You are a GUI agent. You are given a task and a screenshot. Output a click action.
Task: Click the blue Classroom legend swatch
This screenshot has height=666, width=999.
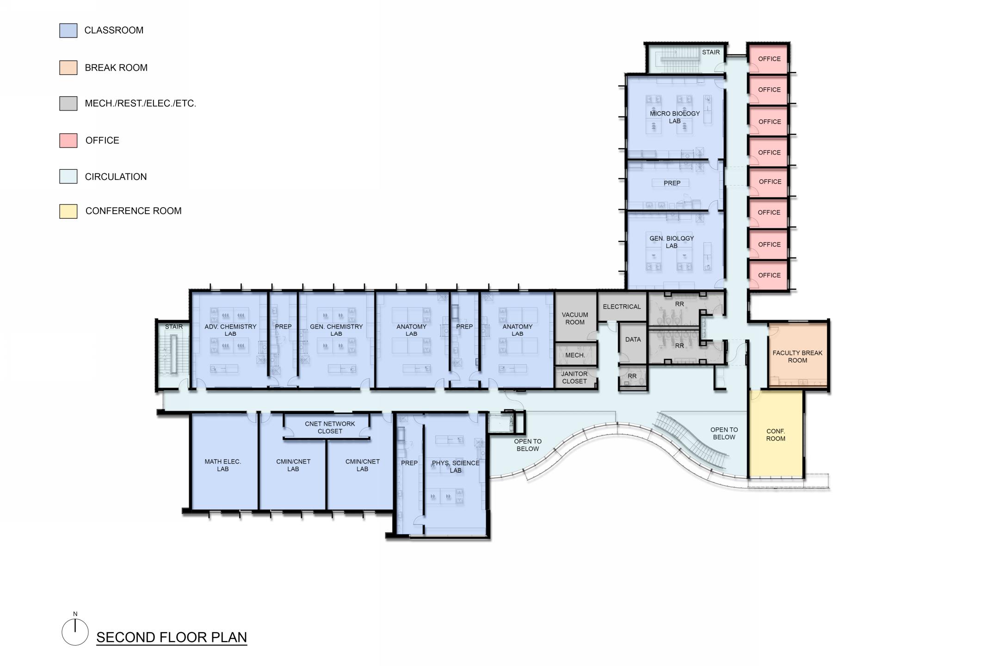[x=68, y=31]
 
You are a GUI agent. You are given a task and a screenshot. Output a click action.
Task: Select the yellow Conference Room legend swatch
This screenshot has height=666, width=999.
[x=68, y=211]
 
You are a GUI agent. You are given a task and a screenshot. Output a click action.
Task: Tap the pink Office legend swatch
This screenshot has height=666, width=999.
[x=68, y=141]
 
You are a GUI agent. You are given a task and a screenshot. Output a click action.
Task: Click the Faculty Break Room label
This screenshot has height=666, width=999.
[x=797, y=357]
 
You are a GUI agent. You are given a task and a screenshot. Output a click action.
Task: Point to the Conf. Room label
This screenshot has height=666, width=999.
[x=776, y=435]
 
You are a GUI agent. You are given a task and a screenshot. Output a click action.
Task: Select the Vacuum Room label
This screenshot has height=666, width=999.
[x=575, y=319]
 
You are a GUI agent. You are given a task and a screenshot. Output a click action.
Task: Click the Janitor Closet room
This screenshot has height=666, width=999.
[x=575, y=378]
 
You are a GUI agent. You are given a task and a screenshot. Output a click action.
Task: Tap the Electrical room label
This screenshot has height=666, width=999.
[x=622, y=307]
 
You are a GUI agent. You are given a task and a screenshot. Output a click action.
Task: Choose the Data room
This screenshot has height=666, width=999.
[x=633, y=342]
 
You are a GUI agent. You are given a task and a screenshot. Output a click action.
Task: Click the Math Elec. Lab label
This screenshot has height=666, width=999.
[x=223, y=465]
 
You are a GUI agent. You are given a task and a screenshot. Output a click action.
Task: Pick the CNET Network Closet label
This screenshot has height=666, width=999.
[x=330, y=427]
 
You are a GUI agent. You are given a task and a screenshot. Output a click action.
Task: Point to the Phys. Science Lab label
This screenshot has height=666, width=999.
[x=456, y=467]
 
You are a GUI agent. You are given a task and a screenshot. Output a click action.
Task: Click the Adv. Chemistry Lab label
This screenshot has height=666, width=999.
[x=230, y=330]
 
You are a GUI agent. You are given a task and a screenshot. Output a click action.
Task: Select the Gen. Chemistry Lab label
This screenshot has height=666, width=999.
[x=336, y=330]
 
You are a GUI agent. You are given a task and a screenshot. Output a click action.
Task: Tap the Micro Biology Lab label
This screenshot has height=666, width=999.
[x=675, y=117]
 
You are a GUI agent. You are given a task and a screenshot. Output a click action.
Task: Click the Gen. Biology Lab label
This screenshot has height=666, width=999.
[x=672, y=242]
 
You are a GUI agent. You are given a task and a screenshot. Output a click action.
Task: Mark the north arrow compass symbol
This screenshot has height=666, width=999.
[x=75, y=630]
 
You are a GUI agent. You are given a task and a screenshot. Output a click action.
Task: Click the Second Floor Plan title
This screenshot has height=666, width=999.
[x=172, y=637]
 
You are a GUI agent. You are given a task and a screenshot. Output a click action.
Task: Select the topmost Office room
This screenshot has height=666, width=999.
[x=768, y=59]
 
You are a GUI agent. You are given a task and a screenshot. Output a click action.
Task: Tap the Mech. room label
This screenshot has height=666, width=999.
[x=575, y=355]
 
